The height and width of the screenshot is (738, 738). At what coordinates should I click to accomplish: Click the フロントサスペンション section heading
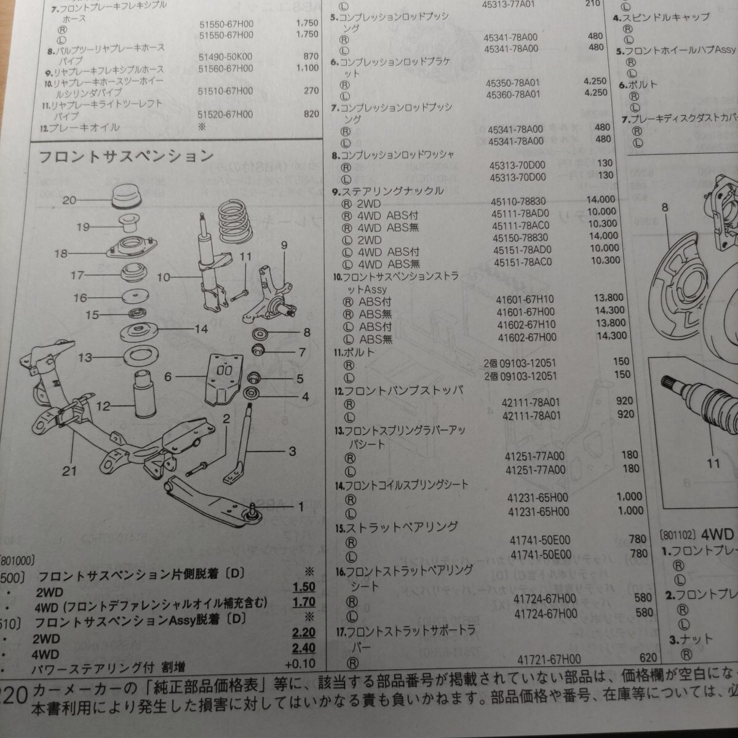pos(126,156)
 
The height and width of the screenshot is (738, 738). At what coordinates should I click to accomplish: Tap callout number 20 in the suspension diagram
pos(69,200)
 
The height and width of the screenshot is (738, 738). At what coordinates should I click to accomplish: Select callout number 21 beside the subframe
pos(69,470)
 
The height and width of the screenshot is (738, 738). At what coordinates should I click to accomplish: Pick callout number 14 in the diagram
pos(201,329)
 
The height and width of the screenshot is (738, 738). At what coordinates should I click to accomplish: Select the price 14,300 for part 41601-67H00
pos(609,311)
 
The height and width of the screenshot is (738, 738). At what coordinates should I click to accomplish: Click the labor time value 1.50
pos(304,587)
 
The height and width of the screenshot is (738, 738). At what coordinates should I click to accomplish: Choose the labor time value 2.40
pos(304,648)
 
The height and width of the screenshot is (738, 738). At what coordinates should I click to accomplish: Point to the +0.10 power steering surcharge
pos(300,664)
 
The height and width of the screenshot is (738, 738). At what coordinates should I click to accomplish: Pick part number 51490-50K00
pos(225,57)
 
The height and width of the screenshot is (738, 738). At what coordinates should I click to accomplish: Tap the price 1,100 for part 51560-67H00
pos(307,68)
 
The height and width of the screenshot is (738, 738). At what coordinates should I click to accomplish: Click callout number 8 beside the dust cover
pos(664,208)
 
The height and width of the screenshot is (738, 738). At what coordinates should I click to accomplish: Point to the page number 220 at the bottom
pos(14,696)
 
